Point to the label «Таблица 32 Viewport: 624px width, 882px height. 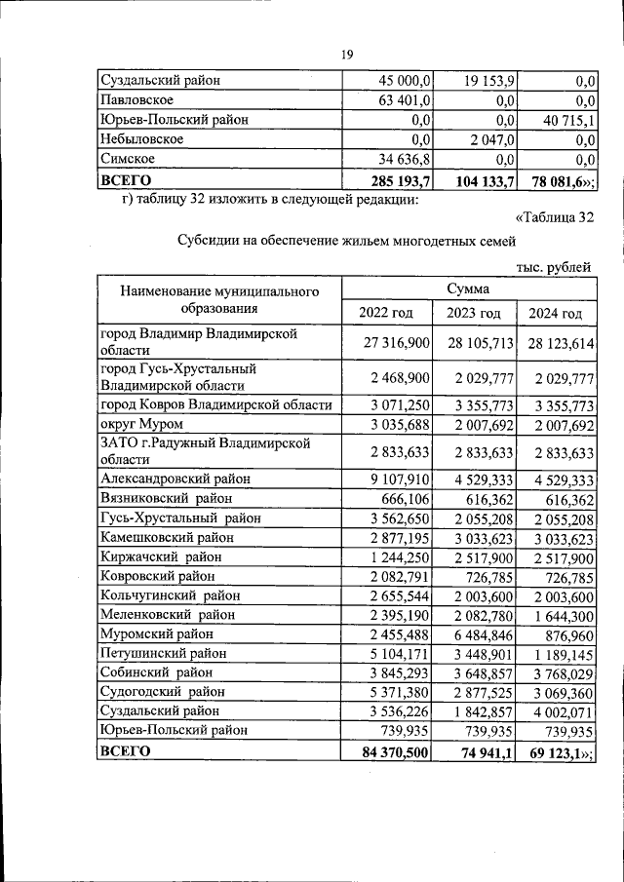click(x=553, y=218)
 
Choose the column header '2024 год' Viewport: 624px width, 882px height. click(x=555, y=313)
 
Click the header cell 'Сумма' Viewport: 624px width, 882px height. click(x=469, y=289)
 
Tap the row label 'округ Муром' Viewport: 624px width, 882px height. click(x=142, y=424)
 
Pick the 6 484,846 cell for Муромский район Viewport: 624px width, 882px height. click(x=483, y=633)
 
